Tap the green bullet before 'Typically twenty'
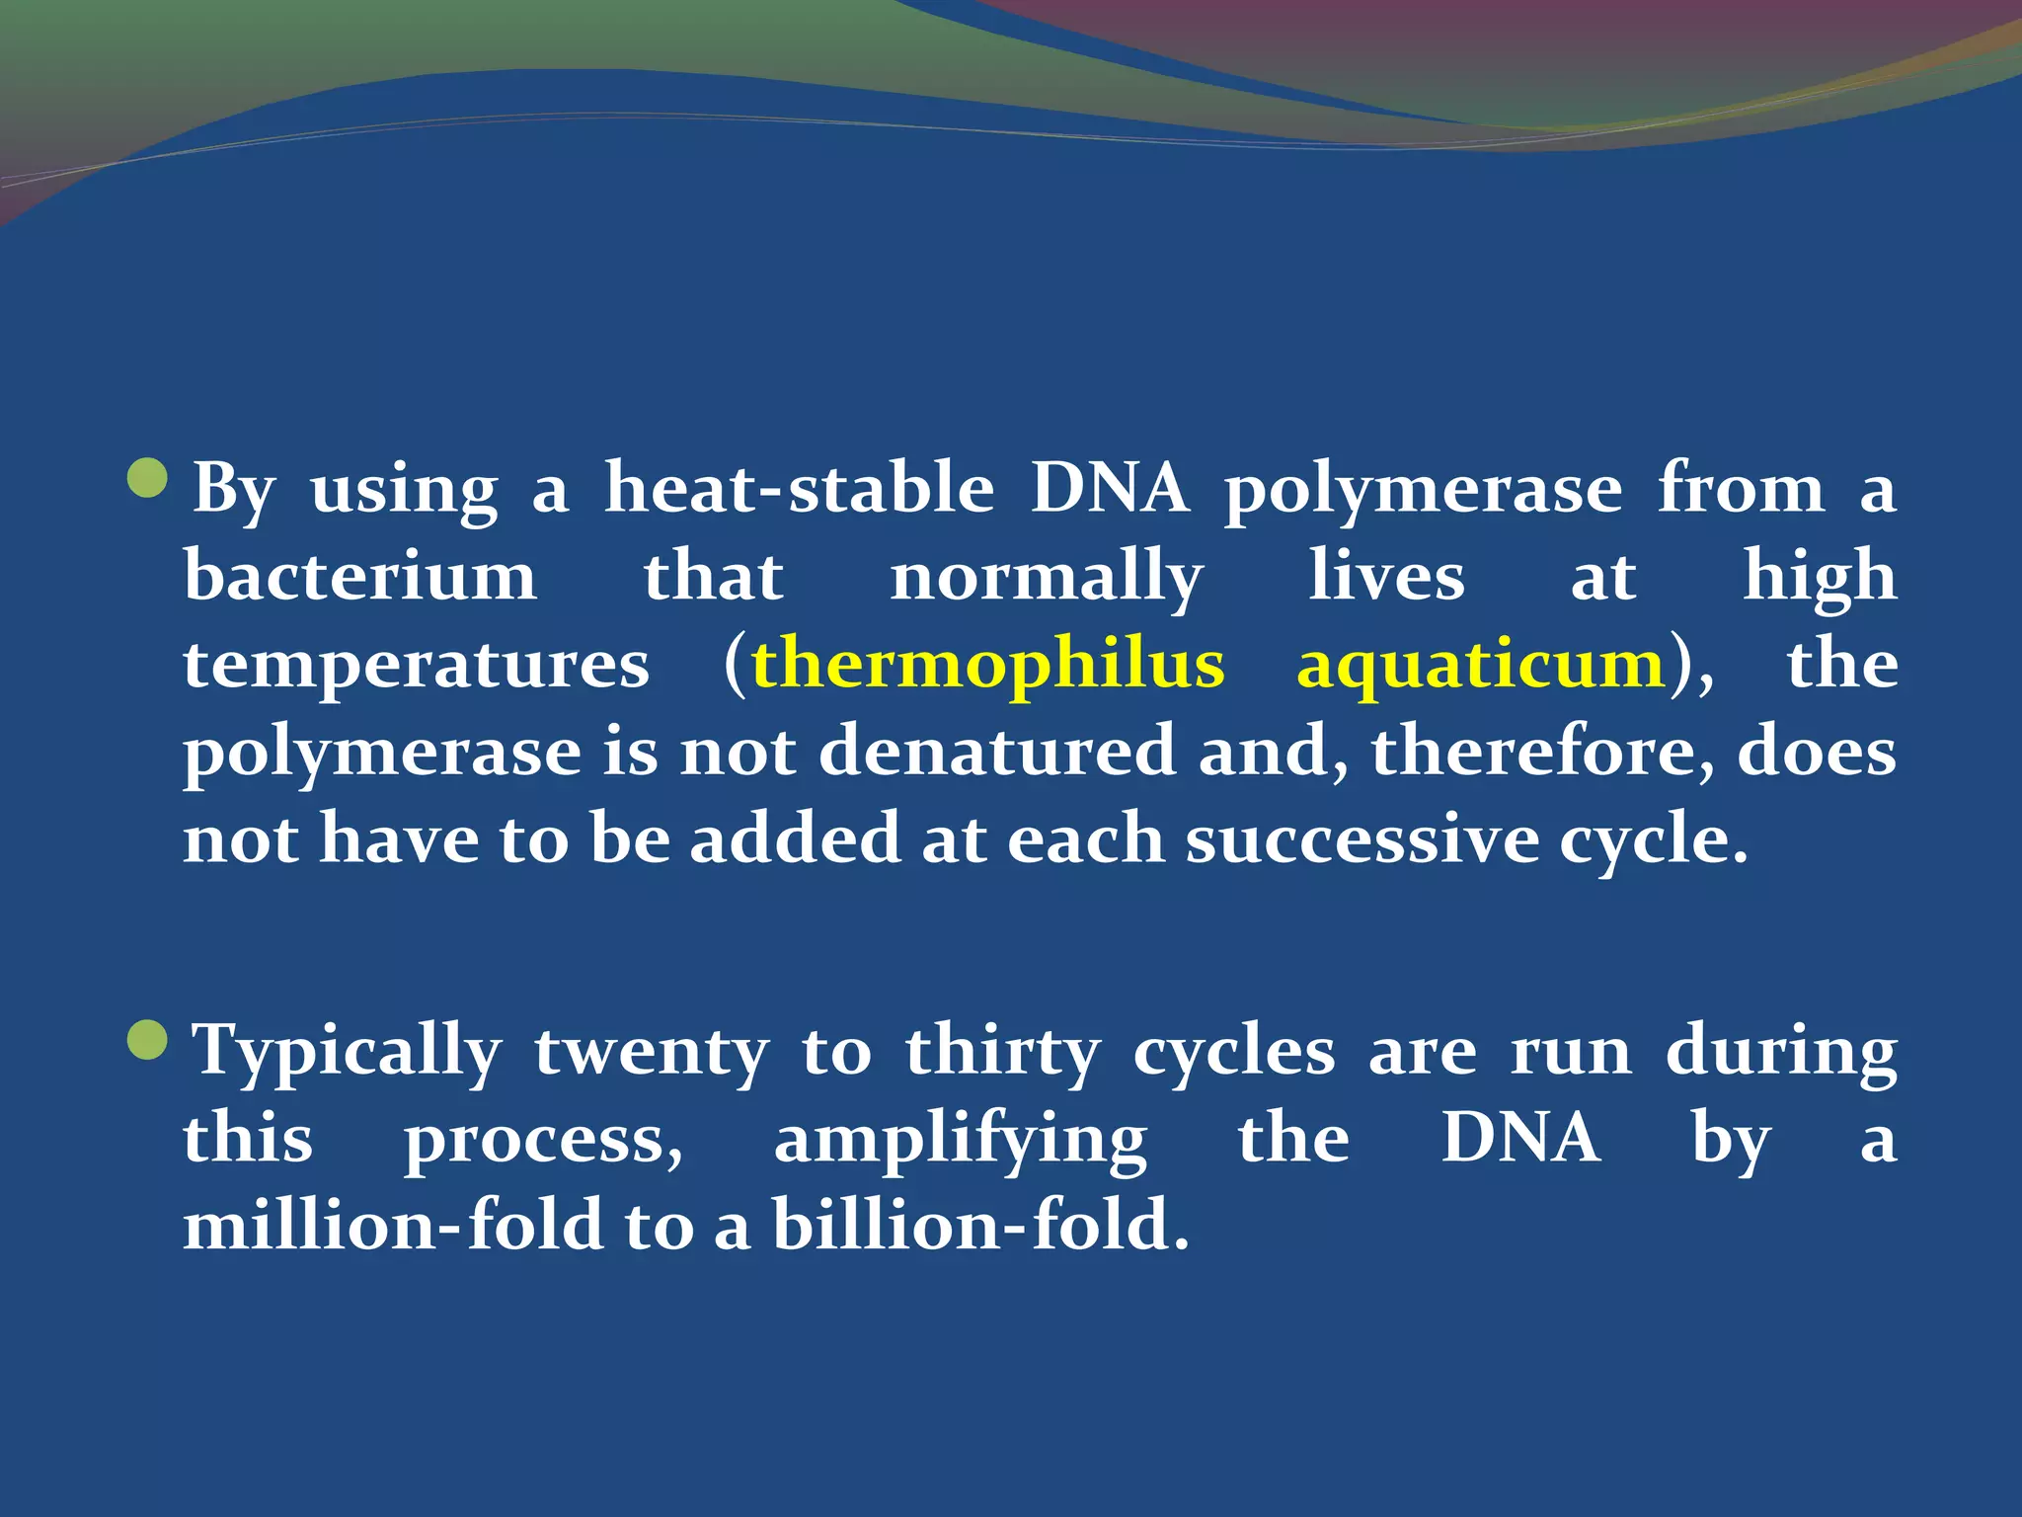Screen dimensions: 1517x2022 pos(148,1040)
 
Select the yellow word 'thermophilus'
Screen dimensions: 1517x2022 pos(987,664)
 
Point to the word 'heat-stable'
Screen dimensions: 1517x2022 pos(799,488)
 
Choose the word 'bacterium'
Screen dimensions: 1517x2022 pos(360,576)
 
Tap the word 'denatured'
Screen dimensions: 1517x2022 pos(997,752)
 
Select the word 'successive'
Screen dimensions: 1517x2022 pos(1362,839)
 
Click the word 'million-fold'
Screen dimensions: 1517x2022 pos(393,1226)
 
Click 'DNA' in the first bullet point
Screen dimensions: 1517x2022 pos(1110,488)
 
